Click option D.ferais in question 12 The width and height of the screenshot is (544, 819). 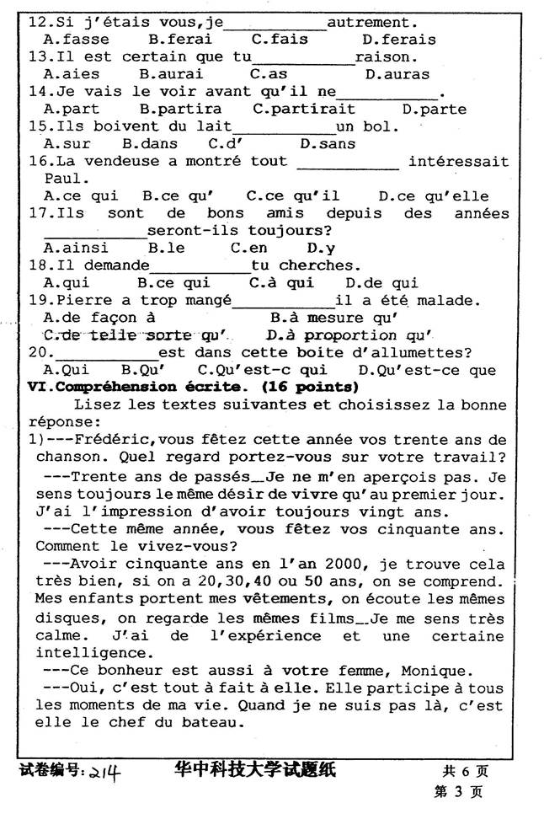[398, 40]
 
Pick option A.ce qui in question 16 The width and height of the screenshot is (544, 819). [81, 196]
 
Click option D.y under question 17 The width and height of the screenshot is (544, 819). [321, 248]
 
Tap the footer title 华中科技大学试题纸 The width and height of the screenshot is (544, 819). [254, 770]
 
